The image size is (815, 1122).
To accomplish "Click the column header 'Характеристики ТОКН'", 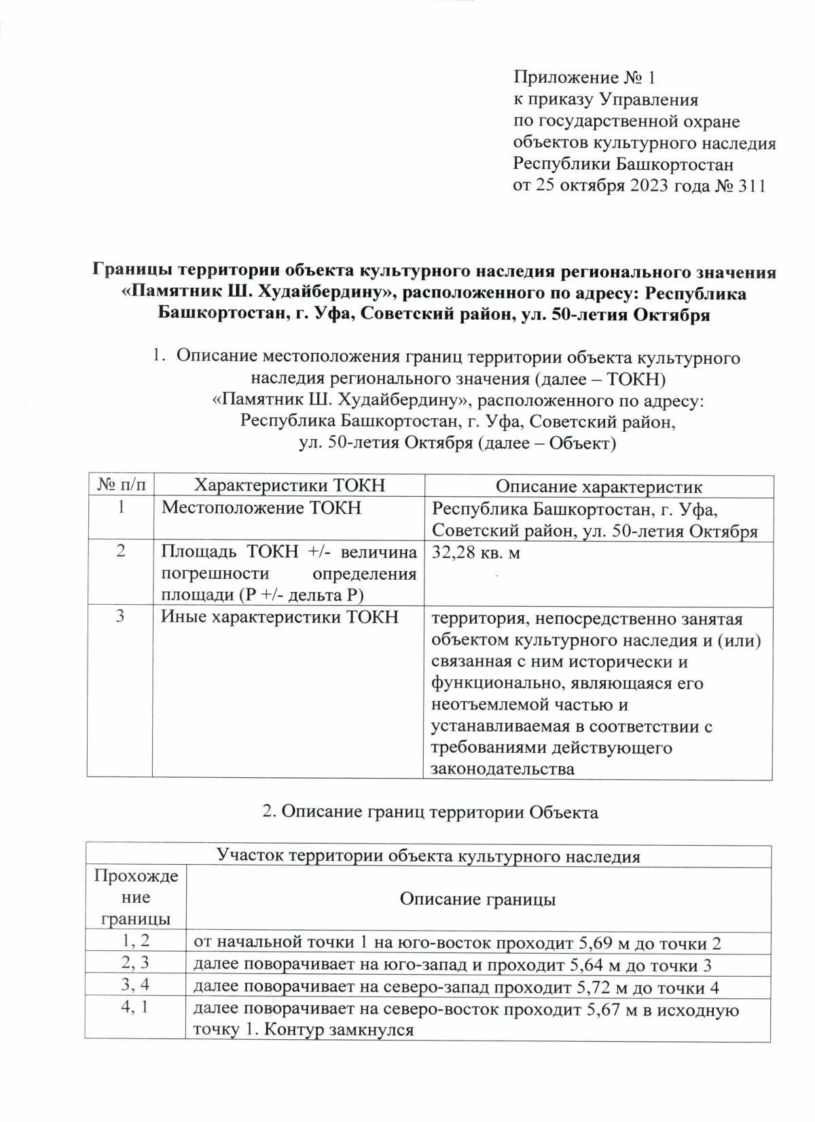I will coord(289,486).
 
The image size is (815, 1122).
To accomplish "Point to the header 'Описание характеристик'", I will coord(598,486).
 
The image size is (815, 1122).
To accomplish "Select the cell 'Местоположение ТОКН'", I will coord(261,508).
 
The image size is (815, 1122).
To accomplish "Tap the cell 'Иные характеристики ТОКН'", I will coord(279,618).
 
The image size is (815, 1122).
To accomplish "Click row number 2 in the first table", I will coord(120,551).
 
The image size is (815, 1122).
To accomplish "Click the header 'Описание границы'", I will coord(477,900).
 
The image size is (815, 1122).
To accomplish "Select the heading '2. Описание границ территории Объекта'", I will coord(430,812).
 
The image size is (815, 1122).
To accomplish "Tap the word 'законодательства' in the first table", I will coord(503,768).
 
